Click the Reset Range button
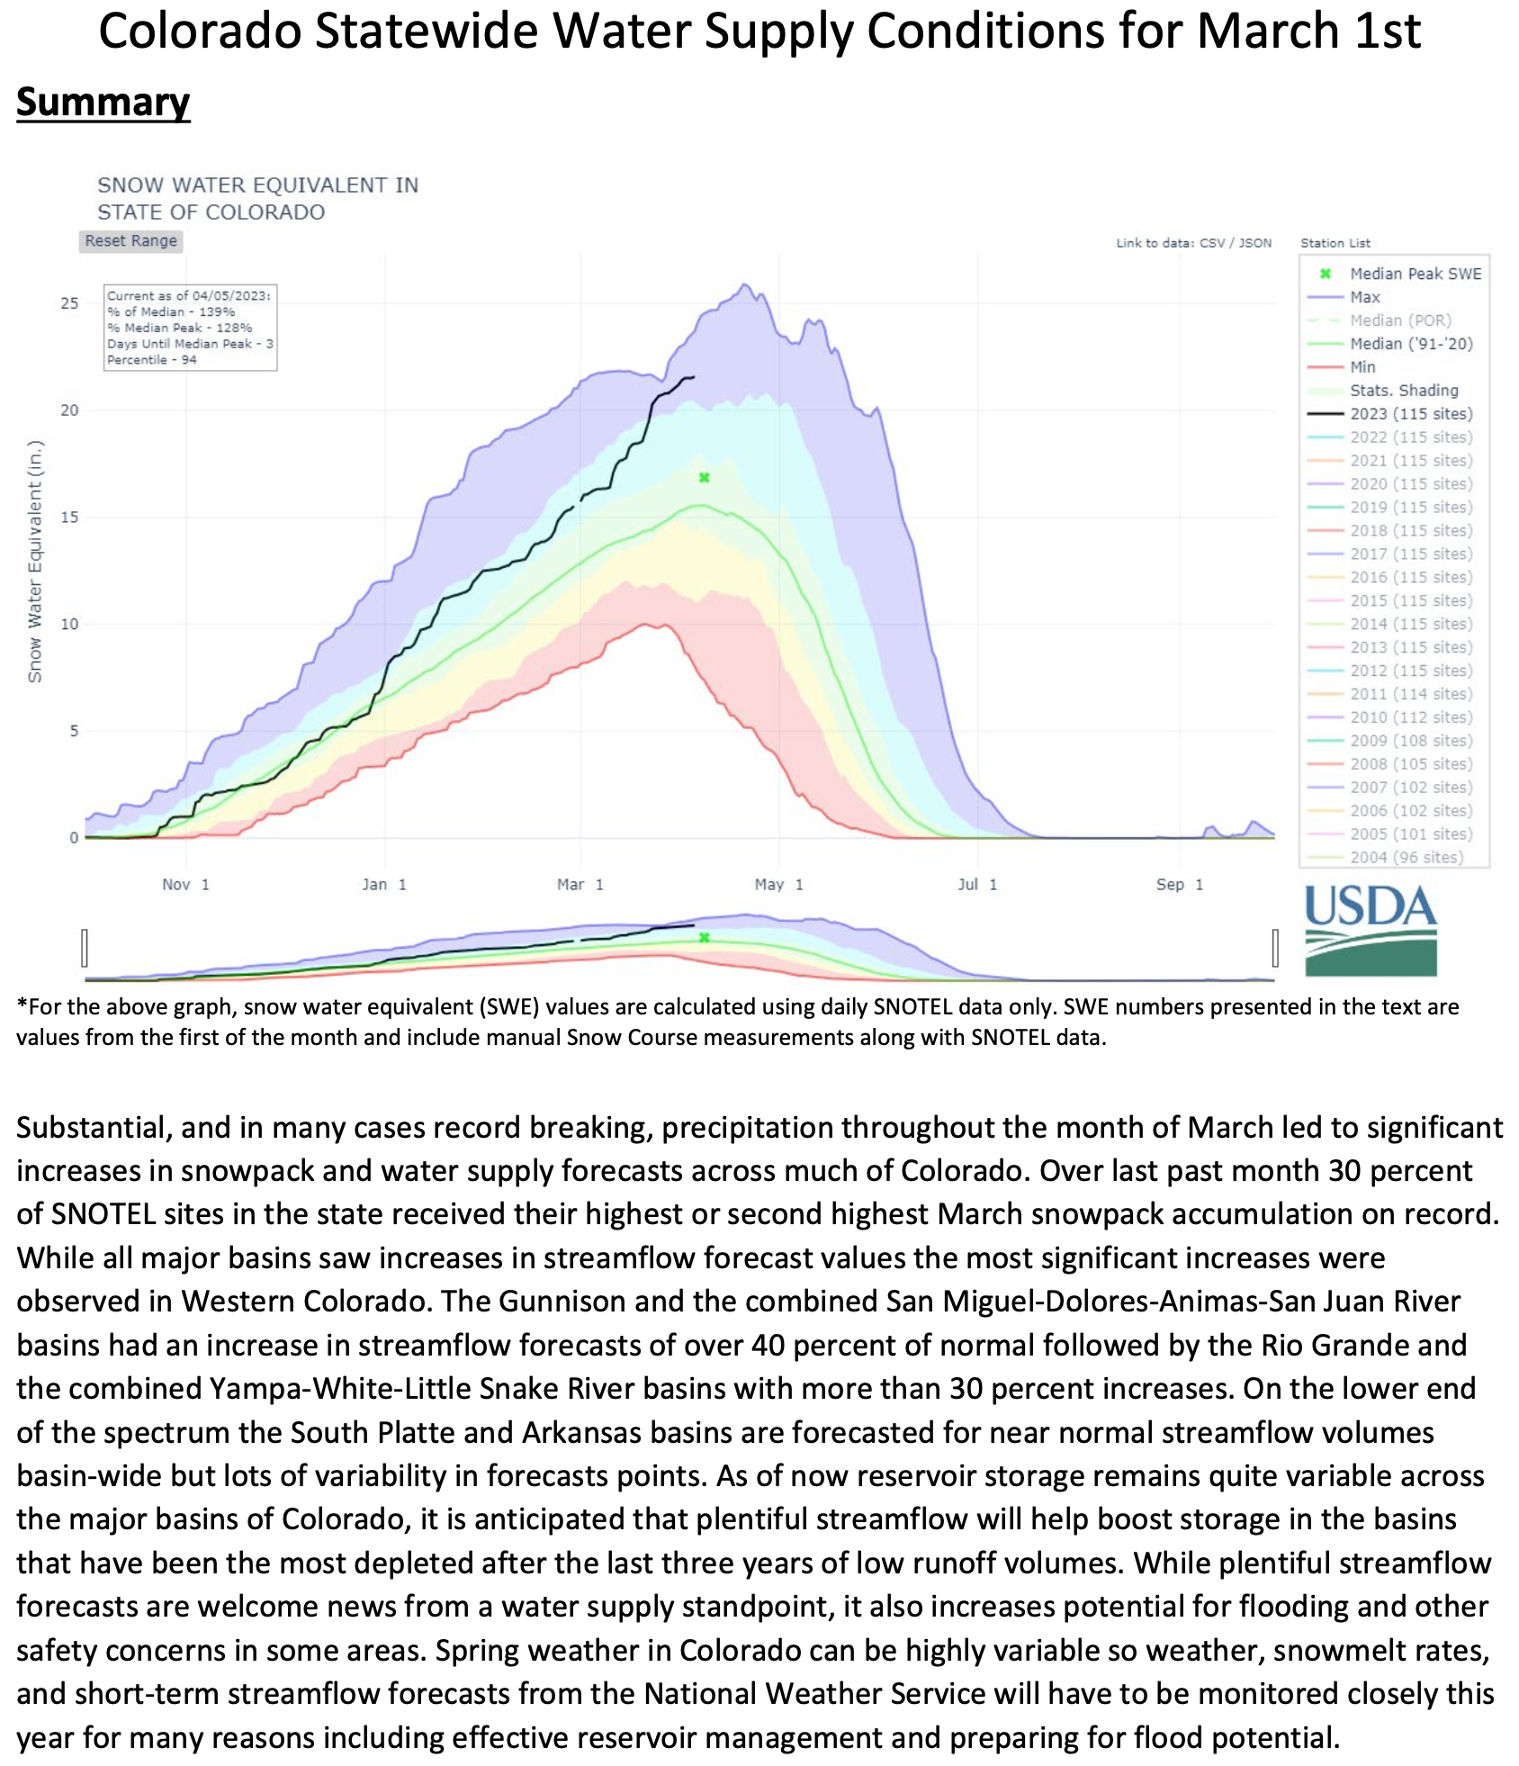click(130, 241)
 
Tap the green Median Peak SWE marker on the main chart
click(705, 478)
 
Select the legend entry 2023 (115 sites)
click(1410, 414)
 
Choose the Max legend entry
click(1364, 297)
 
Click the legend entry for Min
click(1362, 367)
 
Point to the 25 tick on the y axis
click(69, 303)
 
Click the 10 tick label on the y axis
click(69, 625)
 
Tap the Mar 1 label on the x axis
click(580, 885)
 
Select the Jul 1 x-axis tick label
click(977, 885)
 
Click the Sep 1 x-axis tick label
click(1179, 885)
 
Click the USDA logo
click(1371, 931)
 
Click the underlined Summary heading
click(103, 102)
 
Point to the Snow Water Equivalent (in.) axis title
click(35, 562)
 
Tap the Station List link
click(1335, 243)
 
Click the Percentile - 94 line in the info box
click(152, 360)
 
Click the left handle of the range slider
click(85, 948)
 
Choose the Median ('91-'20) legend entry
click(1410, 344)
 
